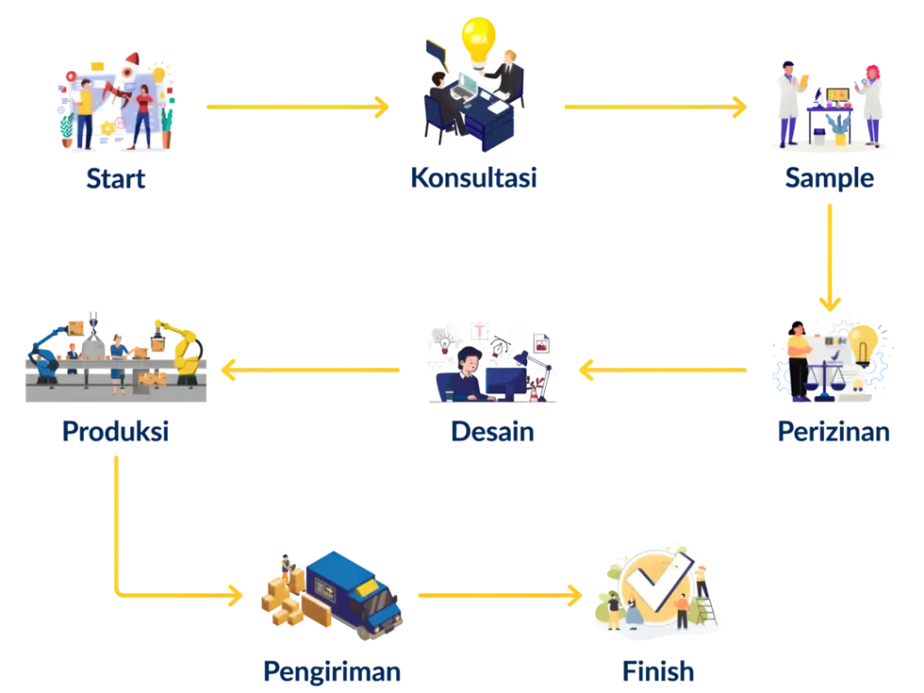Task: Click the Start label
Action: click(117, 179)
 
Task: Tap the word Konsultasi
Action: click(475, 178)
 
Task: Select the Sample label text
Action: click(828, 178)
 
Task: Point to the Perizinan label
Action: click(834, 433)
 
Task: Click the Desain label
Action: click(492, 433)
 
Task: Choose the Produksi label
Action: click(116, 433)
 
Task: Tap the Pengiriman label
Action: click(332, 670)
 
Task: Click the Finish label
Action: click(660, 670)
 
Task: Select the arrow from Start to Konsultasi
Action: click(296, 107)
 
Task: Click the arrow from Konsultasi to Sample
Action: click(656, 107)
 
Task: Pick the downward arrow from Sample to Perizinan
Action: click(829, 257)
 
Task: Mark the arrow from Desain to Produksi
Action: click(311, 368)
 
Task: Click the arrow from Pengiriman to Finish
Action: click(499, 596)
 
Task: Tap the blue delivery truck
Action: click(352, 591)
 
